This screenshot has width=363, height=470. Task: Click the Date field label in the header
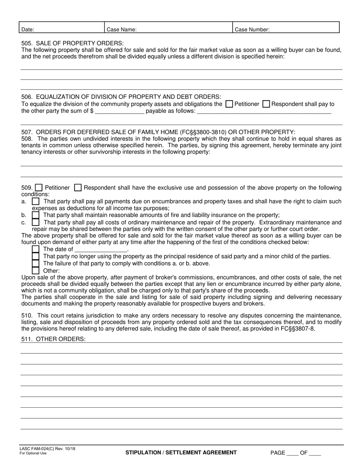[x=28, y=29]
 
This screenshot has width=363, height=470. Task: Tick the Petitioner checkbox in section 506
[x=229, y=104]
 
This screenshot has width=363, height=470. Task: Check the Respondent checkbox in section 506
[x=267, y=104]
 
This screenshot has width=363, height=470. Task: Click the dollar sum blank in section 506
[x=119, y=112]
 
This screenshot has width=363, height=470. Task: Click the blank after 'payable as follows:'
[x=264, y=112]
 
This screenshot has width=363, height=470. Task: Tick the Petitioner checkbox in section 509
[x=39, y=188]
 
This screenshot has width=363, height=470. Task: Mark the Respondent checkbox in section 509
[x=78, y=188]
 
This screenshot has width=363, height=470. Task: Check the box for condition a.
[x=36, y=201]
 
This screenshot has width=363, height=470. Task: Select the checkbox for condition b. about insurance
[x=36, y=215]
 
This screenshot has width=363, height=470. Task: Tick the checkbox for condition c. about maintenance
[x=36, y=222]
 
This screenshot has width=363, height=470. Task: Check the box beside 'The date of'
[x=36, y=249]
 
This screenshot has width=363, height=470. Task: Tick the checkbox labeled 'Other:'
[x=36, y=271]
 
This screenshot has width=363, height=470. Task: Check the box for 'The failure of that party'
[x=36, y=264]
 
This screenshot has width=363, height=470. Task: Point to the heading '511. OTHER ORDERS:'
[x=53, y=339]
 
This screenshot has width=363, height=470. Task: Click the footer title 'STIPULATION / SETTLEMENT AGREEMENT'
[x=181, y=452]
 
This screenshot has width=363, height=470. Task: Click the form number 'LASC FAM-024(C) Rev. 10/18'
[x=47, y=449]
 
